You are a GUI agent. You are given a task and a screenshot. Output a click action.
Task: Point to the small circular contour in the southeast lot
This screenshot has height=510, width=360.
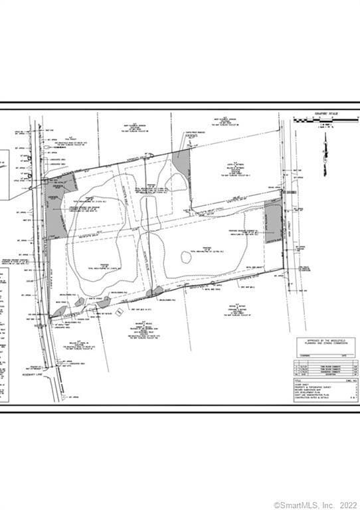(x=186, y=257)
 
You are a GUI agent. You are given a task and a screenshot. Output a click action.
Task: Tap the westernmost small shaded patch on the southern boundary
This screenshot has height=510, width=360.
(x=58, y=310)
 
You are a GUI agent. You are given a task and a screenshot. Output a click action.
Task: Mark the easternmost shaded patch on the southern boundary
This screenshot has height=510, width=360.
(x=155, y=290)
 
